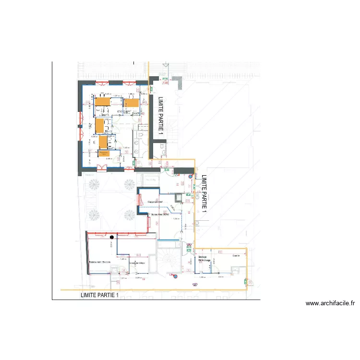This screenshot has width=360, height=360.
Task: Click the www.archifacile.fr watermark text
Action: pyautogui.click(x=330, y=303)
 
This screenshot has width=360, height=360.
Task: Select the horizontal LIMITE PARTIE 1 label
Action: pyautogui.click(x=99, y=296)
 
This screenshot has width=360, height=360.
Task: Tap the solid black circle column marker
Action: pyautogui.click(x=112, y=237)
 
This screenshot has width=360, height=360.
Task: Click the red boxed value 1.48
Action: pyautogui.click(x=166, y=83)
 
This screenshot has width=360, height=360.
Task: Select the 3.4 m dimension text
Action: pyautogui.click(x=221, y=277)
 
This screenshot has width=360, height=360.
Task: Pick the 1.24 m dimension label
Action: pyautogui.click(x=176, y=219)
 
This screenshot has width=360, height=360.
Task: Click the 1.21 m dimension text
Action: pyautogui.click(x=122, y=278)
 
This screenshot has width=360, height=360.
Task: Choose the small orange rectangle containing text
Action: pyautogui.click(x=104, y=153)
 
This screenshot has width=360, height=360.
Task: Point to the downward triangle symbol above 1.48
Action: pyautogui.click(x=166, y=64)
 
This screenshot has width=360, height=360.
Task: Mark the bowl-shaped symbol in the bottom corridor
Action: pyautogui.click(x=194, y=284)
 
